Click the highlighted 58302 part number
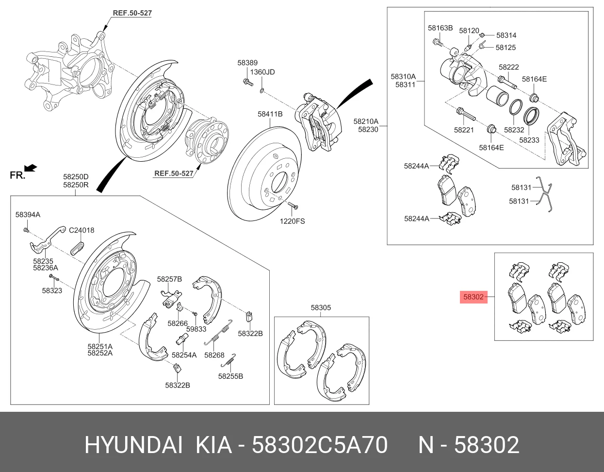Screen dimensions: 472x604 (x=473, y=297)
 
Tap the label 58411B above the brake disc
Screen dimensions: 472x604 (x=270, y=114)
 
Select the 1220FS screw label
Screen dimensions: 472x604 (x=292, y=221)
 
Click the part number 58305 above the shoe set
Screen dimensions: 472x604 (x=321, y=307)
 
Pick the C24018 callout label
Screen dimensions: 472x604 (x=82, y=230)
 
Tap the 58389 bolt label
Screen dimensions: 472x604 (x=247, y=63)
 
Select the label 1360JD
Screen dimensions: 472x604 (x=262, y=72)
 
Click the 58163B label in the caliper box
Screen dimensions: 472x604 (x=440, y=28)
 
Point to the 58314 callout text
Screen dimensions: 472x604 (x=506, y=35)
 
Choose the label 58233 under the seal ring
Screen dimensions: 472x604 (x=529, y=140)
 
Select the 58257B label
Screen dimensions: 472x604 (x=169, y=279)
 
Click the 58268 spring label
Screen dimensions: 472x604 (x=214, y=355)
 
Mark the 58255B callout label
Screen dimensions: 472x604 (x=230, y=376)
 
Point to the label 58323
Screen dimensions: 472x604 (x=52, y=291)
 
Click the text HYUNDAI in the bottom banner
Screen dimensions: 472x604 (x=134, y=445)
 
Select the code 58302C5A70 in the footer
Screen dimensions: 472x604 (x=320, y=445)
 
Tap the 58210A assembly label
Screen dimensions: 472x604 (x=366, y=122)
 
